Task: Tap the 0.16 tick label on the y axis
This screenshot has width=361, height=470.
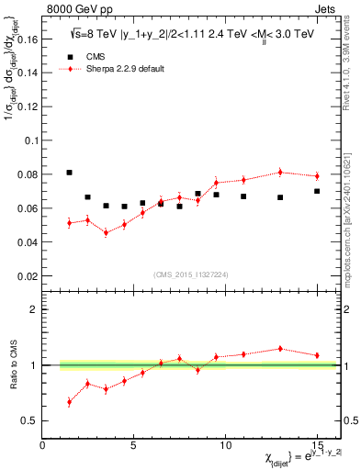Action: (27, 39)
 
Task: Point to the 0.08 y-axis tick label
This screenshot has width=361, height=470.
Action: (27, 174)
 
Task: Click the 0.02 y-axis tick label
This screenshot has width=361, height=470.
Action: (27, 275)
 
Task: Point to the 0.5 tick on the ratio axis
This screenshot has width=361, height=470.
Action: (30, 420)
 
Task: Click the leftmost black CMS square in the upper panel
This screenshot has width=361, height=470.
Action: (70, 173)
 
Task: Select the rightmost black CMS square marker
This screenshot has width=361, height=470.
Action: (317, 191)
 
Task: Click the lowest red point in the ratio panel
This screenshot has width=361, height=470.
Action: (70, 402)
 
